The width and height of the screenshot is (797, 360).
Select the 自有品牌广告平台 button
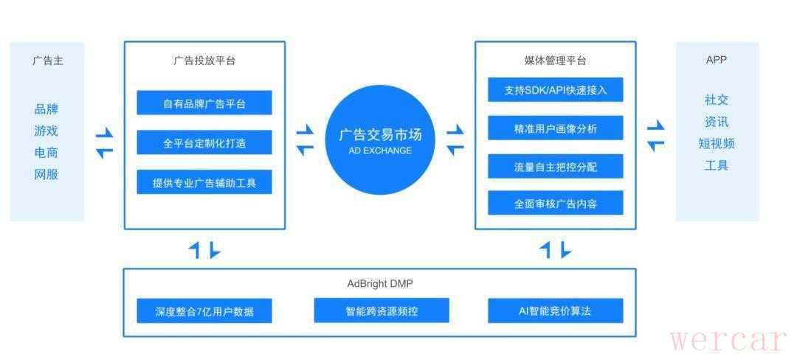click(204, 103)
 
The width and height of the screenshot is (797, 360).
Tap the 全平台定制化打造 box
click(204, 142)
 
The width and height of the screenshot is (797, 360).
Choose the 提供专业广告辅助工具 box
click(204, 181)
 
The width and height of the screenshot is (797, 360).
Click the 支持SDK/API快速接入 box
click(555, 89)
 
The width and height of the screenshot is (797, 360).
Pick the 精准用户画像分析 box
click(555, 128)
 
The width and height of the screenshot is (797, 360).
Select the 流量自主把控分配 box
click(555, 166)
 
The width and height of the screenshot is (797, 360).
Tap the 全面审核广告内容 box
click(555, 203)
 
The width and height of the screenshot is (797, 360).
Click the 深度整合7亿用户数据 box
click(204, 311)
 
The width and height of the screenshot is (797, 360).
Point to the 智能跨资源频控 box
click(382, 311)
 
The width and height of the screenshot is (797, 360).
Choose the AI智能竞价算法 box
click(555, 311)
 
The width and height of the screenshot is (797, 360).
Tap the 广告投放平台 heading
click(204, 61)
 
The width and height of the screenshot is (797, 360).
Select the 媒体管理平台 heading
click(555, 61)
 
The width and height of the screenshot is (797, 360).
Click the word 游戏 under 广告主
click(46, 131)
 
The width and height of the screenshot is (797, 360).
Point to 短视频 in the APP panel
click(717, 143)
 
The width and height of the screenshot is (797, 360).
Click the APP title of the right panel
click(717, 60)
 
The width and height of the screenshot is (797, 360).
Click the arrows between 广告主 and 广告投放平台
click(104, 143)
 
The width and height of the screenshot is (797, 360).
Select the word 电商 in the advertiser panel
click(46, 152)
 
